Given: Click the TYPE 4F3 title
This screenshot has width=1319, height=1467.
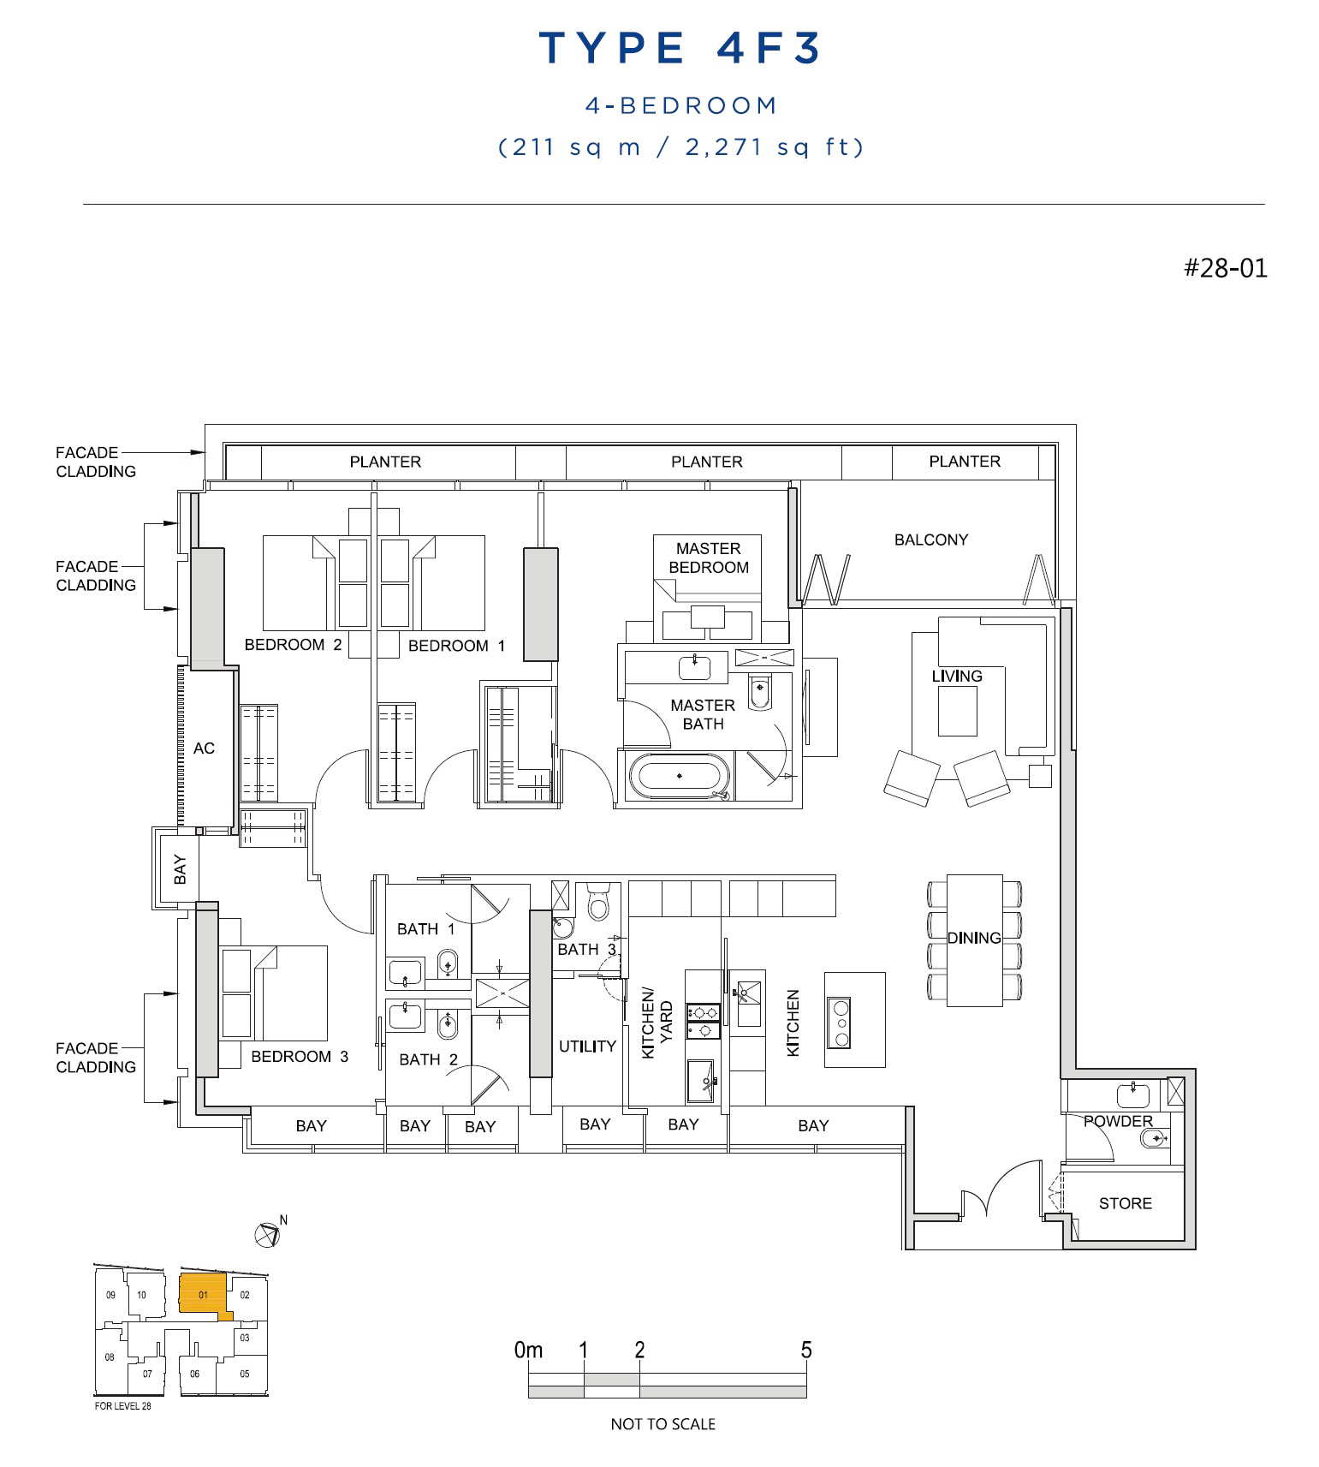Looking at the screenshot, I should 680,48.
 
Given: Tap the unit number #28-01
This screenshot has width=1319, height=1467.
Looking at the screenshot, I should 1225,268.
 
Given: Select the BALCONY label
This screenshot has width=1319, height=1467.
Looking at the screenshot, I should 931,540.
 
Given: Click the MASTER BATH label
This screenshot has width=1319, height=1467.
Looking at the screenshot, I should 703,714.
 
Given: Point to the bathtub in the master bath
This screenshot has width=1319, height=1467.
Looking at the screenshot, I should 680,776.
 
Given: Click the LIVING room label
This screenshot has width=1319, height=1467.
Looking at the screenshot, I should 957,676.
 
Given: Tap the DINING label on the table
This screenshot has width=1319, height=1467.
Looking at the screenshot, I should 974,938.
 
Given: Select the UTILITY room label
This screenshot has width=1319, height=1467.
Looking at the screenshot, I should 587,1046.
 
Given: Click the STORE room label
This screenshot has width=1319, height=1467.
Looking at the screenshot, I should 1125,1203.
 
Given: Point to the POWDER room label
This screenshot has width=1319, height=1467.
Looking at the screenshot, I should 1118,1121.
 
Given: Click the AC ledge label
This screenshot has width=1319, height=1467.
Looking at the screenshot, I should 204,748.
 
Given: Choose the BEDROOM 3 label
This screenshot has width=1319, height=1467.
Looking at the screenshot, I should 300,1056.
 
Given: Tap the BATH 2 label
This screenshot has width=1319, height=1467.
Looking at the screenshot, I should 428,1059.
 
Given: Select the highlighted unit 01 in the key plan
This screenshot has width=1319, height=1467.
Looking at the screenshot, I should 203,1294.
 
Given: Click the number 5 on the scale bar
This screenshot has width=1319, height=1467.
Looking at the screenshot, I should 805,1351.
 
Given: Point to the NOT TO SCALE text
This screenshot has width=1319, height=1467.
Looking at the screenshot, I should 662,1424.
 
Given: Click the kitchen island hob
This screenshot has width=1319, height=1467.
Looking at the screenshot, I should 841,1023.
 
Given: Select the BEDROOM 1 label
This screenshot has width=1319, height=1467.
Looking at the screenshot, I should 456,646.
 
